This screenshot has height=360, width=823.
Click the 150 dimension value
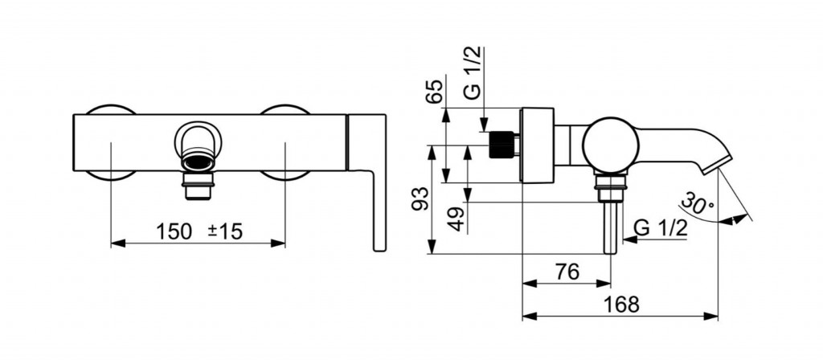pyautogui.click(x=174, y=231)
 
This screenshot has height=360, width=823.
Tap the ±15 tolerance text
pyautogui.click(x=225, y=231)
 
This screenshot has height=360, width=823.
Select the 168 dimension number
pyautogui.click(x=621, y=305)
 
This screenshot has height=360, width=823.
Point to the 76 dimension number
pyautogui.click(x=567, y=272)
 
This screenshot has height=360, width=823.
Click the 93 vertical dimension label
pyautogui.click(x=420, y=198)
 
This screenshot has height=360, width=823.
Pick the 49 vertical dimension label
pyautogui.click(x=457, y=219)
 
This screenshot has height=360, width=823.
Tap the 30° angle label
pyautogui.click(x=697, y=203)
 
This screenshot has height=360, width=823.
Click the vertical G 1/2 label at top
pyautogui.click(x=472, y=73)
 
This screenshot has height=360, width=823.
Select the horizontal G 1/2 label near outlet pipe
pyautogui.click(x=661, y=227)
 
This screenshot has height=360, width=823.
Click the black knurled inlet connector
pyautogui.click(x=500, y=145)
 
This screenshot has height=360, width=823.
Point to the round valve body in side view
pyautogui.click(x=610, y=145)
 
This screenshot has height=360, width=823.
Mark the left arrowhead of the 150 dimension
pyautogui.click(x=118, y=243)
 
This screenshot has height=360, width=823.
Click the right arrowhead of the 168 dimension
pyautogui.click(x=710, y=316)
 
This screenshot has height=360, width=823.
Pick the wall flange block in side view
pyautogui.click(x=537, y=145)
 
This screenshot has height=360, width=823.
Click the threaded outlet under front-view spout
pyautogui.click(x=198, y=186)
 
